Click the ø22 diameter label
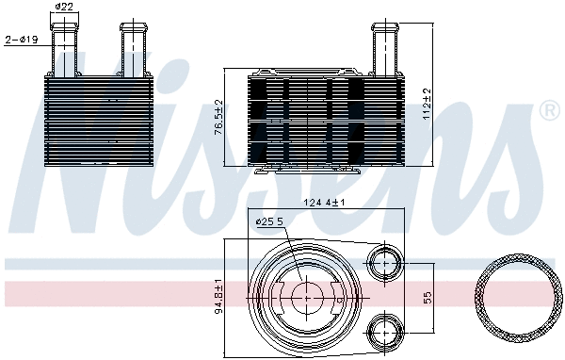64,8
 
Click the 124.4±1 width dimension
325,203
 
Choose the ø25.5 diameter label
270,222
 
